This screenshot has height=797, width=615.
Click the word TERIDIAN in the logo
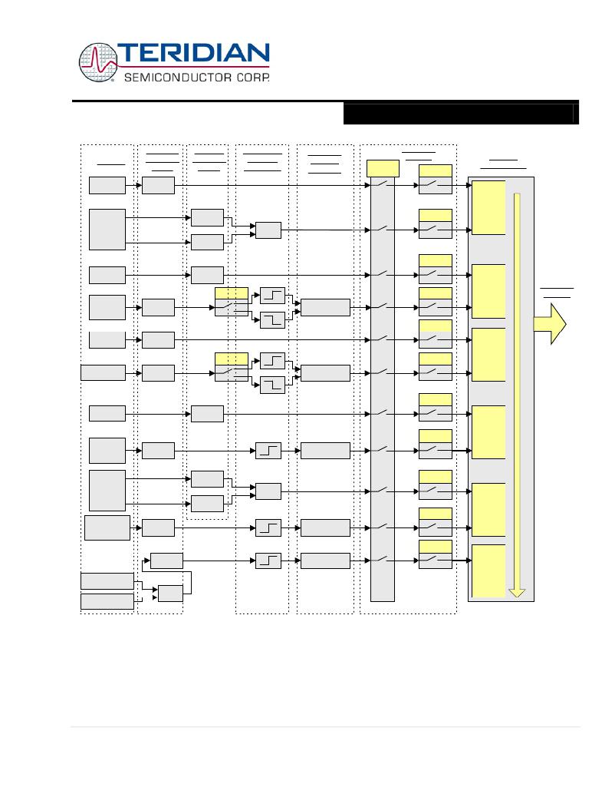193,54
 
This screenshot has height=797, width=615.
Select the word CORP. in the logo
252,78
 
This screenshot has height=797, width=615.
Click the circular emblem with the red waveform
98,62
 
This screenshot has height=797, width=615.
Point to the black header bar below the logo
461,114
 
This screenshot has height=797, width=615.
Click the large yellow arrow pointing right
550,324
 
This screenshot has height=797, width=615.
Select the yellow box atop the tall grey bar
383,168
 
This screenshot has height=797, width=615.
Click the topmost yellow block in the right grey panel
488,207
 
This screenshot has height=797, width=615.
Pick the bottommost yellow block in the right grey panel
488,570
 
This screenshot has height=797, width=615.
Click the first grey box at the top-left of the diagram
107,185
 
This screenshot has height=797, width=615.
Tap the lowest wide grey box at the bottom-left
107,601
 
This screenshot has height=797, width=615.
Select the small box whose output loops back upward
171,594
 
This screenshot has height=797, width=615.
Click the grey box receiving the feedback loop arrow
166,561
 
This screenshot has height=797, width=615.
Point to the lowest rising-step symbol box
268,561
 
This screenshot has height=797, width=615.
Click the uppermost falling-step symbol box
273,319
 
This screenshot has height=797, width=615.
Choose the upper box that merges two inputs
268,230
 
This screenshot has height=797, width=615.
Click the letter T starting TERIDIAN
127,54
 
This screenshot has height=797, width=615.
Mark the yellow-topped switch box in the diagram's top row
436,179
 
